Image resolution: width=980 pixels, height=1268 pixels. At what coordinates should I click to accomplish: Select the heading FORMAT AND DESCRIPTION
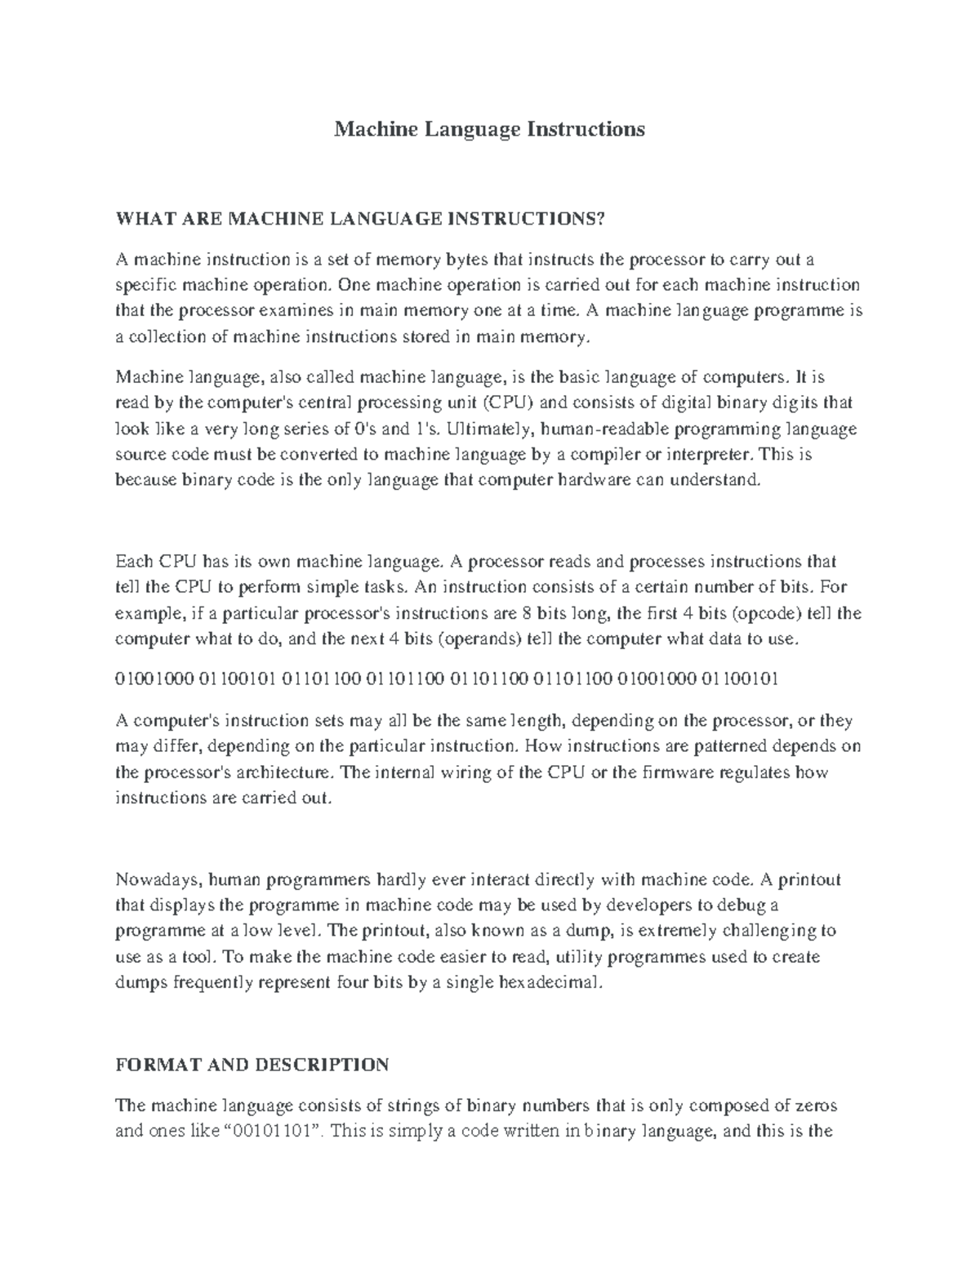coord(252,1065)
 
